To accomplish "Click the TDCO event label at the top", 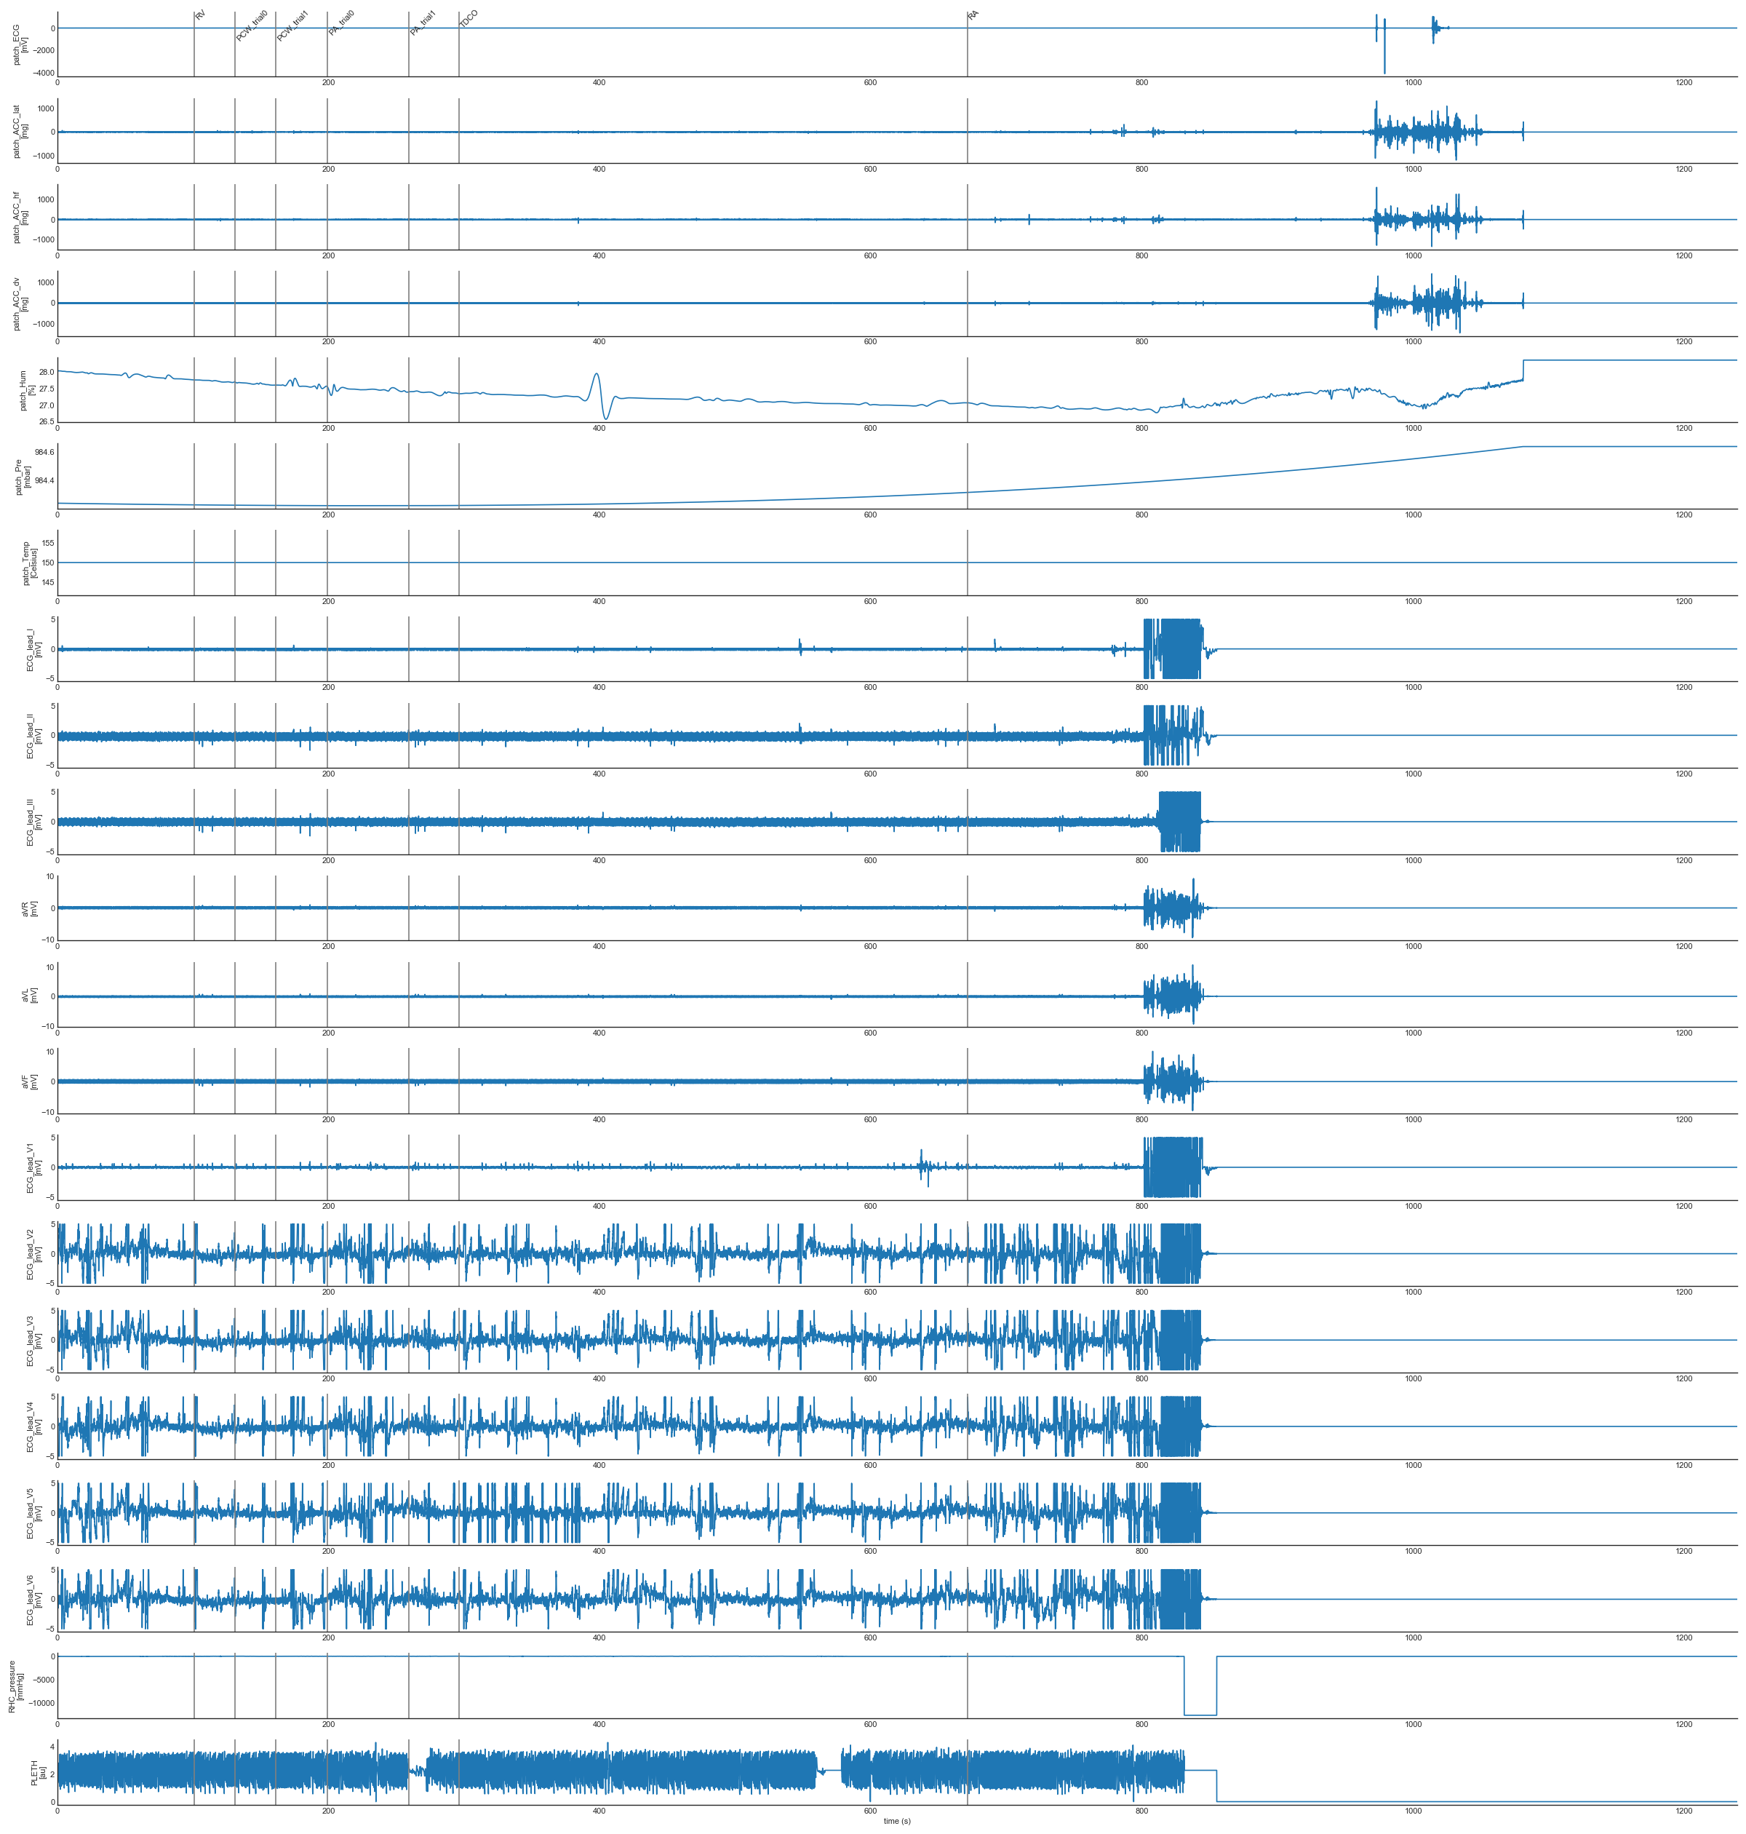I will (x=469, y=19).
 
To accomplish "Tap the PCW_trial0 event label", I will (x=251, y=25).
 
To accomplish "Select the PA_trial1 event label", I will (x=423, y=23).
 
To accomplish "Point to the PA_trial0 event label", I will (x=340, y=23).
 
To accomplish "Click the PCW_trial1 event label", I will (x=292, y=25).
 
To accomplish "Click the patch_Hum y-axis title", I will (x=28, y=390).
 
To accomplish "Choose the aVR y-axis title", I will (x=30, y=908).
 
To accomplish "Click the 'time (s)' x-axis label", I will (x=896, y=1821).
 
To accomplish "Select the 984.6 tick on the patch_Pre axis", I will (x=44, y=451).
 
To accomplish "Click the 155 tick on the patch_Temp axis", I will (x=47, y=543).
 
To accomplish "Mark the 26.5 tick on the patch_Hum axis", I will (x=44, y=421).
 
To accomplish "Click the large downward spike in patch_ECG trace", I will (x=1384, y=71).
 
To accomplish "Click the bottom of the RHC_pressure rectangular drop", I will (x=1200, y=1715).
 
